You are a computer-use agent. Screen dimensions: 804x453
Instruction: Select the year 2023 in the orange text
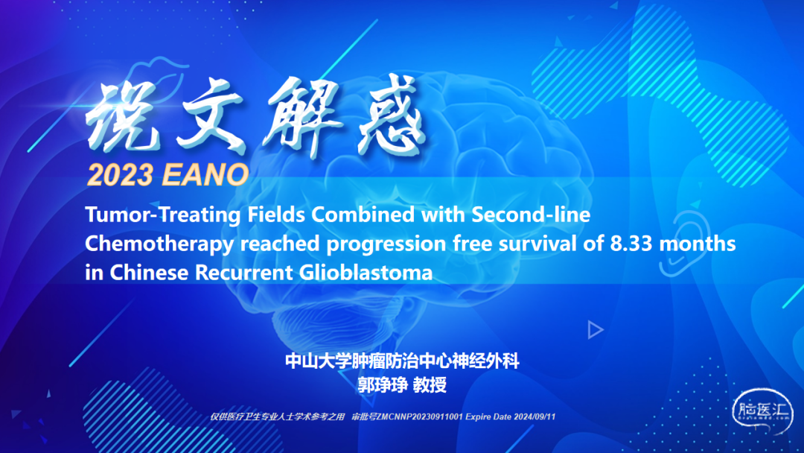click(x=121, y=175)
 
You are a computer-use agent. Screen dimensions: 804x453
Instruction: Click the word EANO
click(x=205, y=175)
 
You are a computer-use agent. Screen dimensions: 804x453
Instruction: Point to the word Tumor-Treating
click(x=162, y=215)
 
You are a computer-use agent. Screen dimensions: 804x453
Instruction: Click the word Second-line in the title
click(x=531, y=214)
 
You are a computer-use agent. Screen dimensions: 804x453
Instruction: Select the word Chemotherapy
click(x=159, y=244)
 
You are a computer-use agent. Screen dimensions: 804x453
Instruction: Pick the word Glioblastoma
click(x=366, y=273)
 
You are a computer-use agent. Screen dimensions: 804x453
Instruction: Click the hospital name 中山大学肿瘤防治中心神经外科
click(x=402, y=361)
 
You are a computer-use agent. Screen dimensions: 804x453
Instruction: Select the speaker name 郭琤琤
click(x=383, y=384)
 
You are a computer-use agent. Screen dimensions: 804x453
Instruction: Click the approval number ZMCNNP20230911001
click(x=419, y=416)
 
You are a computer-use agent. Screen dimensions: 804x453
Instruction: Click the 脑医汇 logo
click(x=763, y=411)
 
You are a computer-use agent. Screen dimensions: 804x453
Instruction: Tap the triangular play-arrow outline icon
click(x=595, y=330)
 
